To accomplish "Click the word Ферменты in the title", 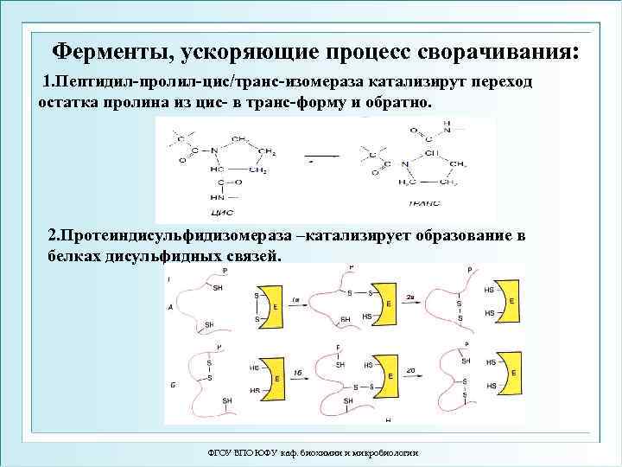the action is click(108, 50).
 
